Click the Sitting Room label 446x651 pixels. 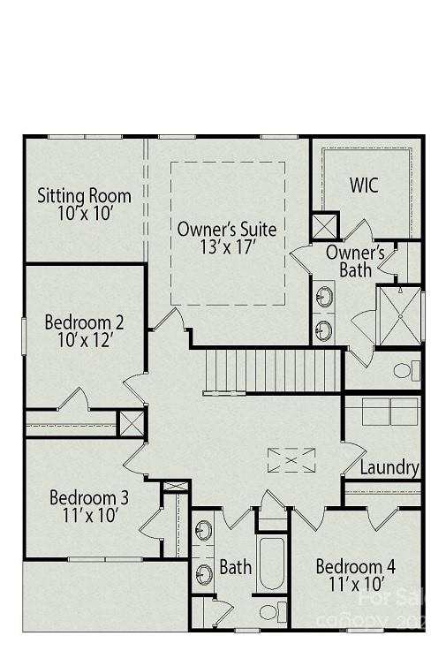84,195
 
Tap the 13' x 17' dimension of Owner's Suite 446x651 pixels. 226,247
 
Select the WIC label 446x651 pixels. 364,185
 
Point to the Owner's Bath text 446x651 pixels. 355,261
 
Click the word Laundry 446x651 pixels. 389,467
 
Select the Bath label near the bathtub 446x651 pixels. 235,567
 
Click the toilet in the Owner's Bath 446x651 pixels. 406,370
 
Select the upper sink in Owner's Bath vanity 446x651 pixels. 324,295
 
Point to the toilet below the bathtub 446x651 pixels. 273,611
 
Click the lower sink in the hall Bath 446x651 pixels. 204,574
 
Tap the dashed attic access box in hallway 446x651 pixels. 291,460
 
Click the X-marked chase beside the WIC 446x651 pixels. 324,226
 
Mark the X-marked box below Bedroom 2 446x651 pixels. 132,422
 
